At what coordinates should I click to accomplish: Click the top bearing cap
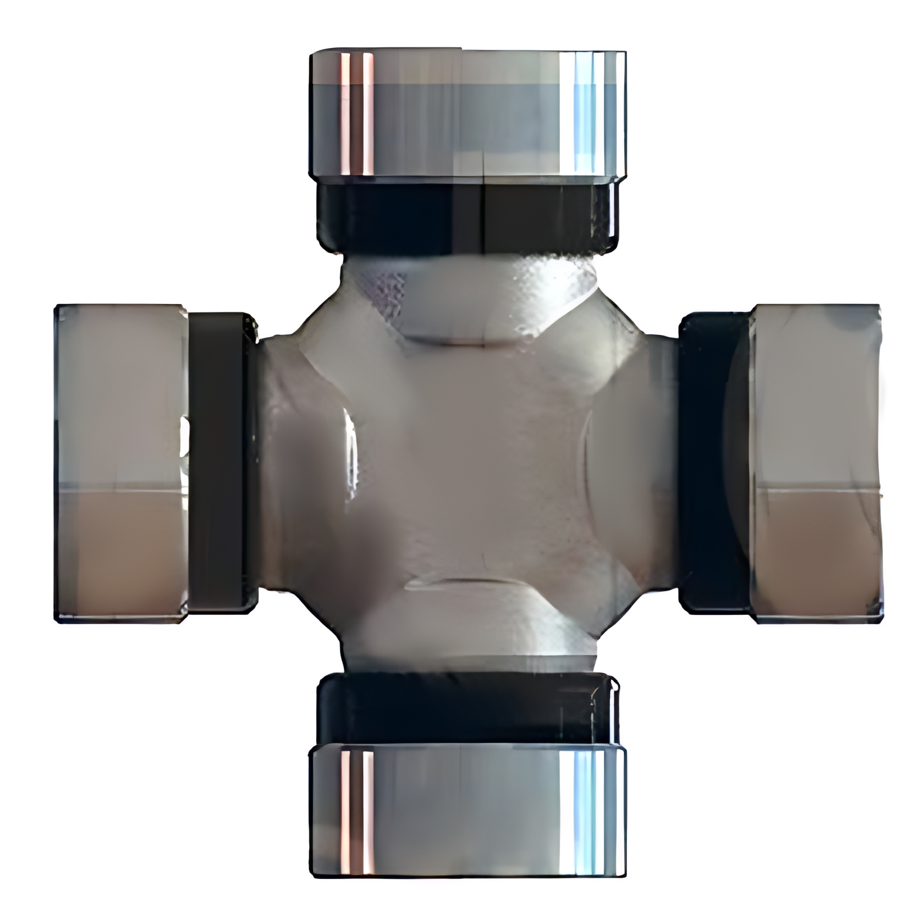[x=468, y=113]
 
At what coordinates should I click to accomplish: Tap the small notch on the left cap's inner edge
[x=185, y=440]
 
